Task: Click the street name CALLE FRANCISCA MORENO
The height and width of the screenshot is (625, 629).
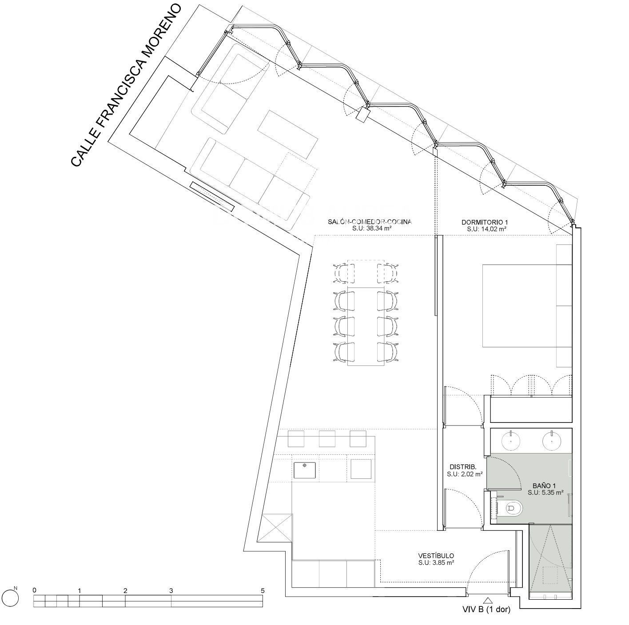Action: pyautogui.click(x=126, y=85)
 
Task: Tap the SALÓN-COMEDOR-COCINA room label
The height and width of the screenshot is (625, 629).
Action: pyautogui.click(x=370, y=222)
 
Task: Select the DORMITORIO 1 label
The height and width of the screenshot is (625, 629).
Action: pyautogui.click(x=484, y=223)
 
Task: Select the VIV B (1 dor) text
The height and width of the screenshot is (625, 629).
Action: pyautogui.click(x=486, y=609)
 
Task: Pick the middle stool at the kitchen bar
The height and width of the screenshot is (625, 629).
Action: pyautogui.click(x=327, y=439)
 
